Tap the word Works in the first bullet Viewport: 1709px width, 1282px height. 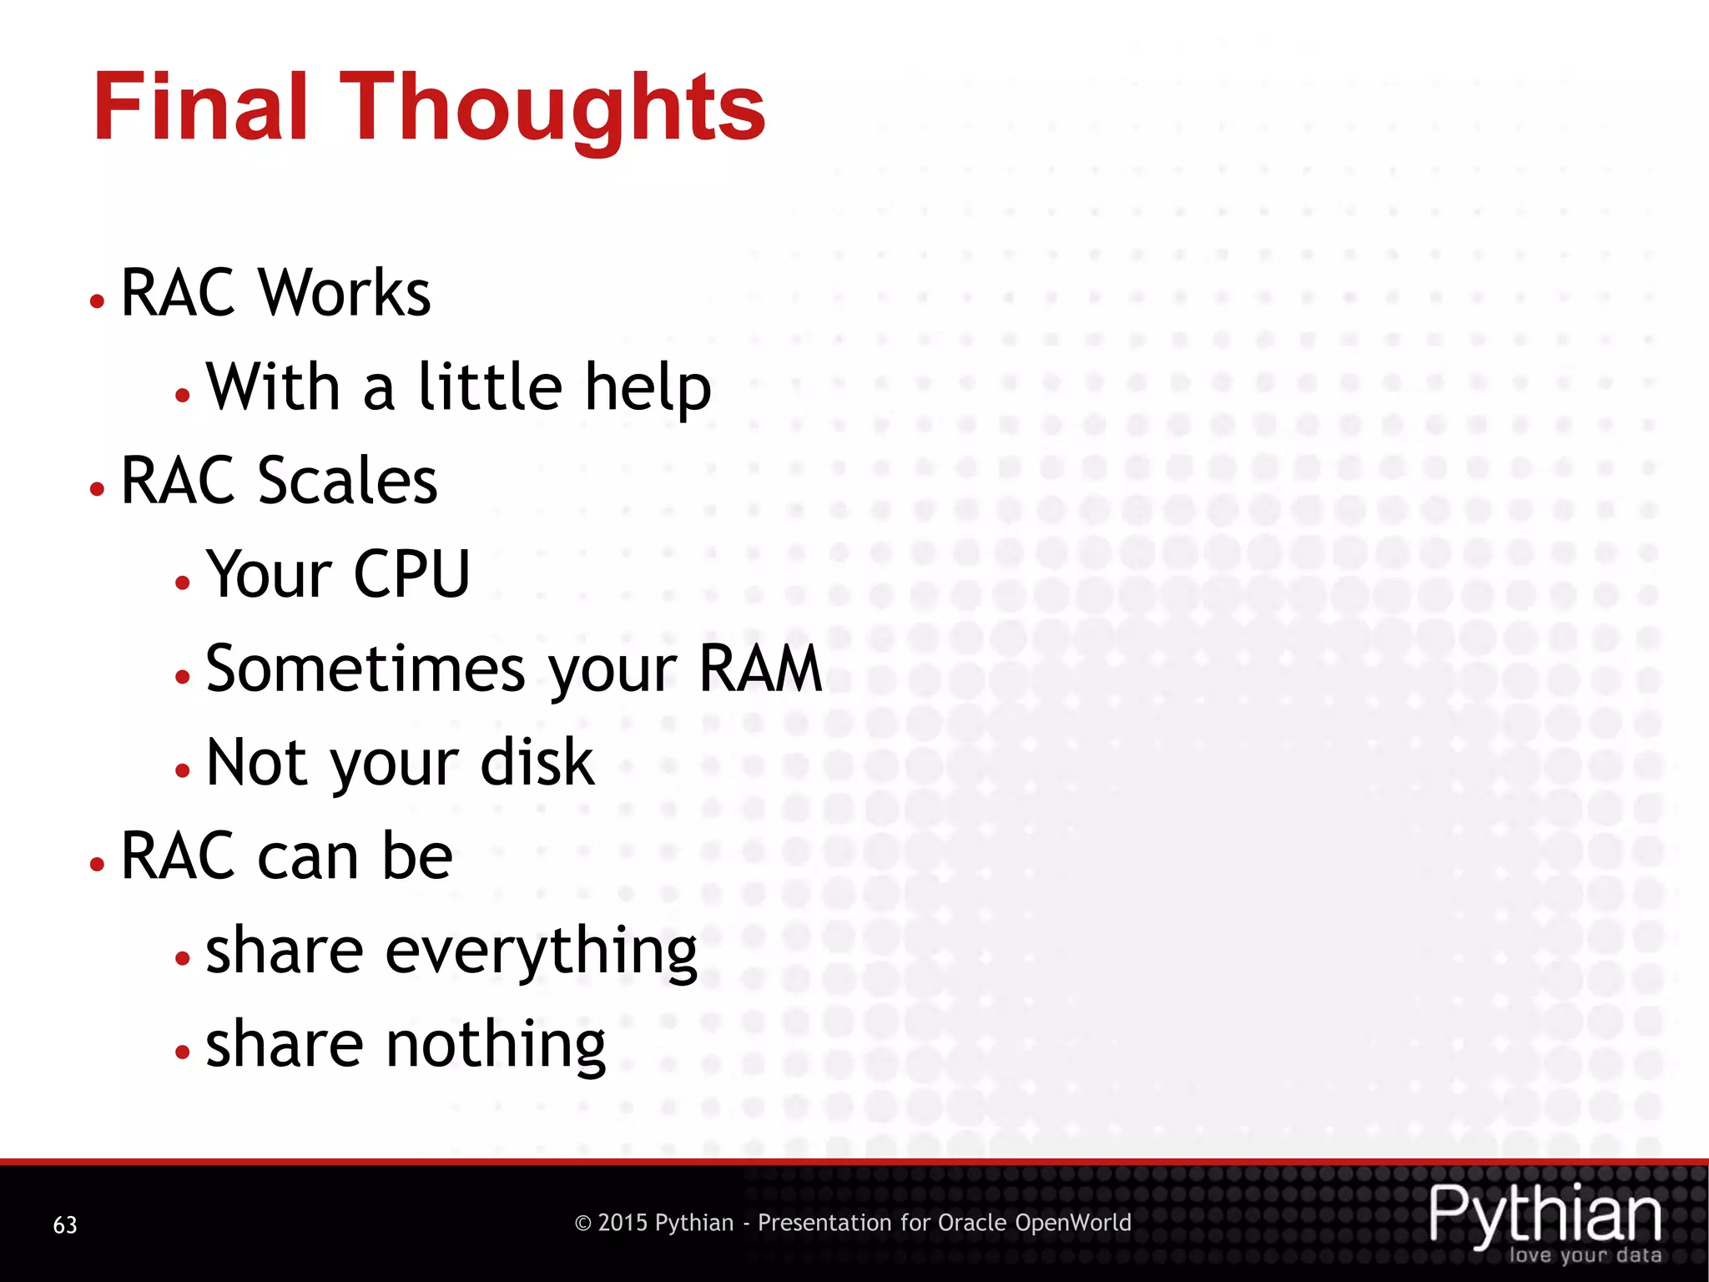click(x=345, y=293)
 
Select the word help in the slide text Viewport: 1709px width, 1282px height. click(x=648, y=389)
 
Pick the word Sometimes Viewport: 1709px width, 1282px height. click(x=365, y=669)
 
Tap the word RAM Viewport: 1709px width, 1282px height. click(x=760, y=669)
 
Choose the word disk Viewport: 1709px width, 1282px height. click(x=537, y=762)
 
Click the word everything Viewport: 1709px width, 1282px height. click(x=541, y=952)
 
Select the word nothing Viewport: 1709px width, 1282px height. click(x=495, y=1046)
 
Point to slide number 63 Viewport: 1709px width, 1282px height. click(x=65, y=1224)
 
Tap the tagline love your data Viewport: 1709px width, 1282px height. click(x=1585, y=1255)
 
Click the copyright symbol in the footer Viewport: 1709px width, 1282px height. click(x=583, y=1224)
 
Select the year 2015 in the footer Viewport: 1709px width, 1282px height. click(x=623, y=1223)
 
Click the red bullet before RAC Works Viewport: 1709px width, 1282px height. click(x=98, y=300)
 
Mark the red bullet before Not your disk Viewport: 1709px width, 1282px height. click(x=183, y=770)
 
